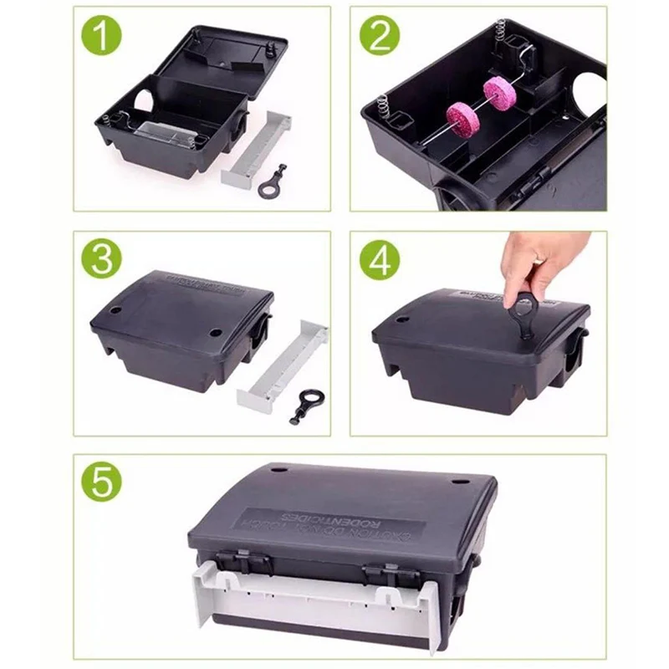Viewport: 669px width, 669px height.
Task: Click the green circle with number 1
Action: (x=102, y=37)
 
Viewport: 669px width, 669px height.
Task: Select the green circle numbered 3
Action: (x=101, y=258)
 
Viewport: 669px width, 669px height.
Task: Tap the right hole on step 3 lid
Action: (x=216, y=333)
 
